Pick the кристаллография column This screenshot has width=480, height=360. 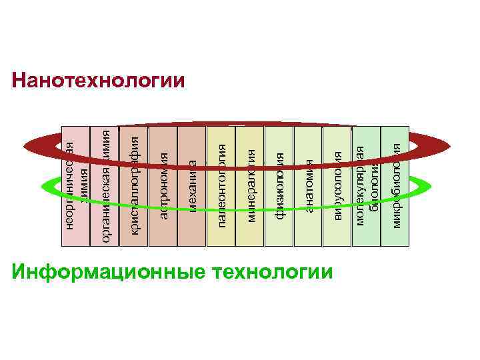point(133,184)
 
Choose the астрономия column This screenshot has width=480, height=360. point(163,184)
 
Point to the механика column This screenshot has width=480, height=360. point(192,184)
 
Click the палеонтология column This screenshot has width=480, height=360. point(221,184)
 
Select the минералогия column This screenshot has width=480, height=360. point(250,184)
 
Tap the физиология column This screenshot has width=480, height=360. point(279,184)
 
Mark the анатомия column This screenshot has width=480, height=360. point(307,184)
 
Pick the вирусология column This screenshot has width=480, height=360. point(337,184)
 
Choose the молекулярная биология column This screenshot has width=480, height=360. point(365,184)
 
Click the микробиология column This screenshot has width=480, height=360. point(395,184)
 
